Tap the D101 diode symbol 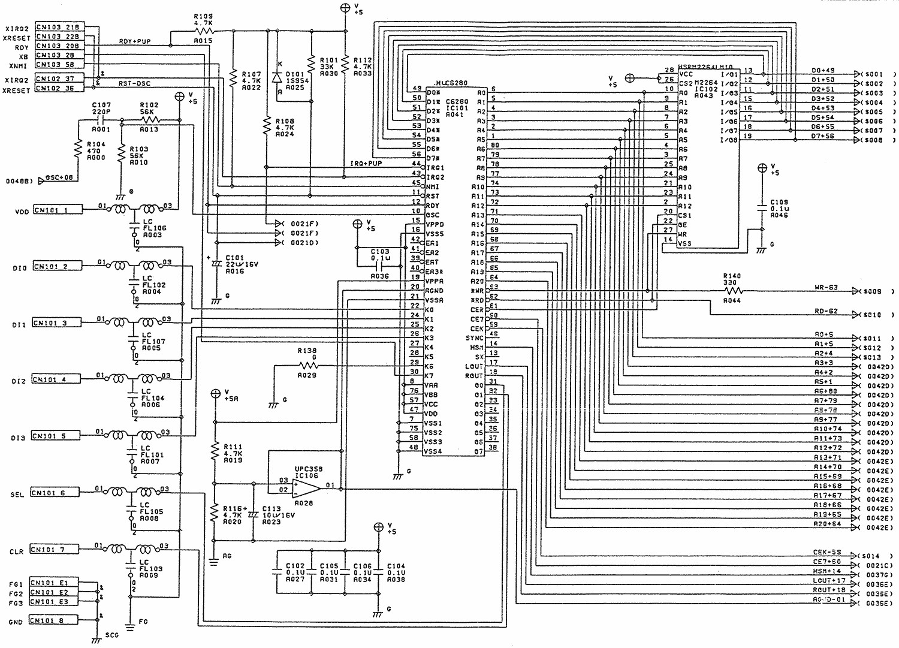pos(277,77)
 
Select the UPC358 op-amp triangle pos(306,488)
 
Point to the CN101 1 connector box pos(58,210)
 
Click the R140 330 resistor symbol pos(732,291)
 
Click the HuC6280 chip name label pos(451,84)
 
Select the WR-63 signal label pos(826,288)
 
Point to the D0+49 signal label pos(822,71)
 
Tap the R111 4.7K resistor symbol pos(215,452)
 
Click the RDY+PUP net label pos(134,41)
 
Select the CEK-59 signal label pos(827,551)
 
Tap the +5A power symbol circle pos(216,394)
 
